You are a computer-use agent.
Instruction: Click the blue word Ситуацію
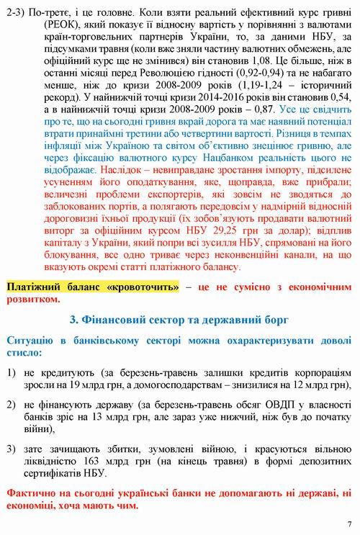pos(30,339)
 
